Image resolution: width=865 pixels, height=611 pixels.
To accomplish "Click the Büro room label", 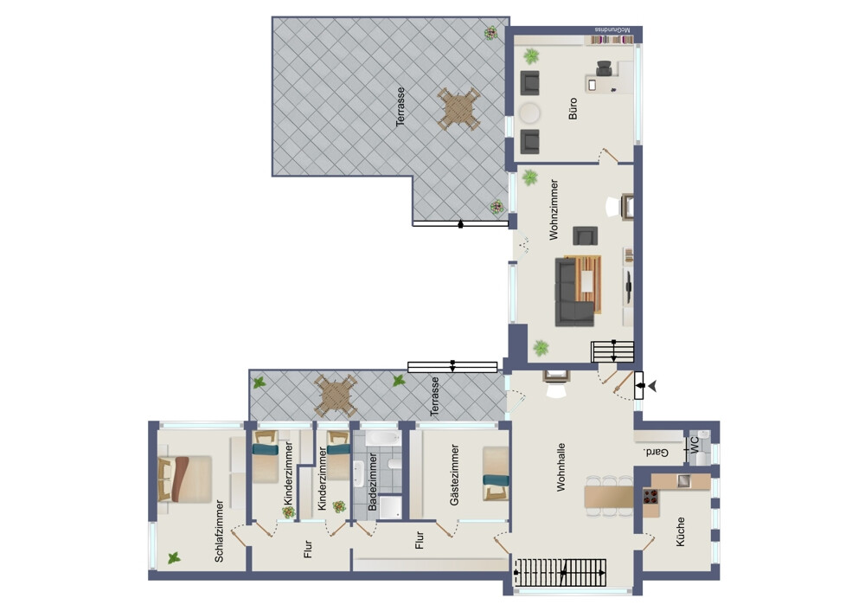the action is [x=573, y=109].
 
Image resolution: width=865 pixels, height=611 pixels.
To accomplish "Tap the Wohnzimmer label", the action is [x=554, y=209].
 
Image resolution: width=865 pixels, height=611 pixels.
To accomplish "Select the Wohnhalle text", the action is [x=561, y=467].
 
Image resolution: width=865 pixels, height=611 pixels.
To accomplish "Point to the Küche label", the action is [x=680, y=531].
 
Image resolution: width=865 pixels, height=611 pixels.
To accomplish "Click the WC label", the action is [x=695, y=443].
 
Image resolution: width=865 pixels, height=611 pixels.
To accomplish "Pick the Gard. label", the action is [x=656, y=453].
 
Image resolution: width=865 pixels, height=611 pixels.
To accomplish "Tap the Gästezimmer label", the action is [x=455, y=475].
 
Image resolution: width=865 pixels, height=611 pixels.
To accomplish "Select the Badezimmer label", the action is [x=372, y=482].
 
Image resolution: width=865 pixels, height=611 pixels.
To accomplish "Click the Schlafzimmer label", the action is [x=219, y=531].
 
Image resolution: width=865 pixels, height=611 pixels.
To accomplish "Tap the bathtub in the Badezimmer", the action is [x=382, y=439].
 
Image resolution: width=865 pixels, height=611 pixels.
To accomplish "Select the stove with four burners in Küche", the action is [x=651, y=496].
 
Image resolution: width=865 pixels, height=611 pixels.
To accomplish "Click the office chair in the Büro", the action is [x=604, y=68].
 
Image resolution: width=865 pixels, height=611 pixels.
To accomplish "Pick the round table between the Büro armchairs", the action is [x=529, y=113].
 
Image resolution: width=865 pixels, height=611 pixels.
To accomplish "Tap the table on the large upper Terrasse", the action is [x=458, y=109].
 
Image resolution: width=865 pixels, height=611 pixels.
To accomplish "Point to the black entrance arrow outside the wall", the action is [x=652, y=386].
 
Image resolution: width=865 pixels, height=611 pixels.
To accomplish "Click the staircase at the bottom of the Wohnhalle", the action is [x=561, y=572].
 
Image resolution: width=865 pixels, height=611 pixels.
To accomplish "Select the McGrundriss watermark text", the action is [x=612, y=29].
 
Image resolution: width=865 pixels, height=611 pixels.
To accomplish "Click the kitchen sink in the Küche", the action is [x=683, y=480].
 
